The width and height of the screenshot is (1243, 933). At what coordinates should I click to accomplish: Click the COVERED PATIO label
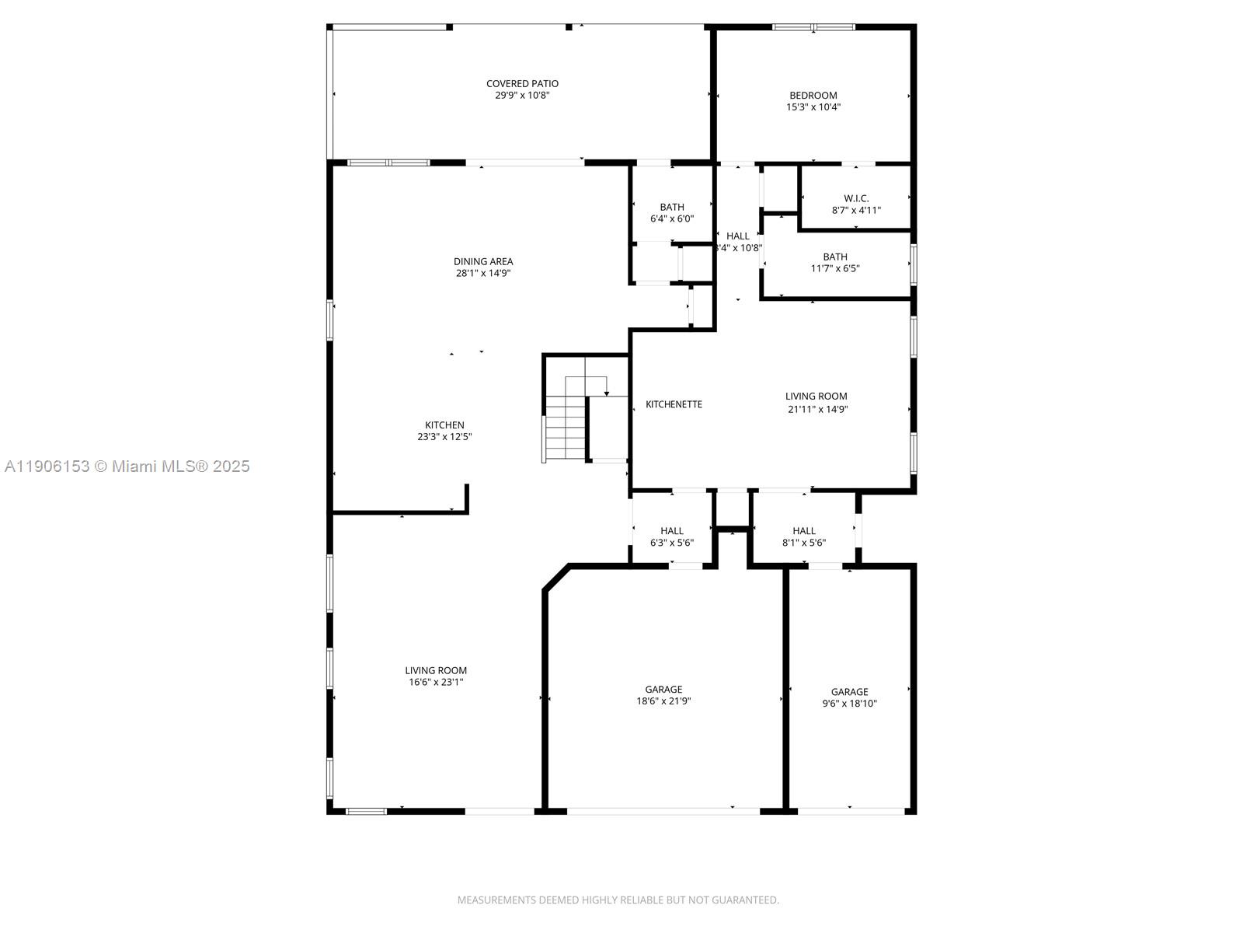[x=522, y=84]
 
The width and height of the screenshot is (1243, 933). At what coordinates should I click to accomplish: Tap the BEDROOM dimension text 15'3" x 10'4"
[x=813, y=107]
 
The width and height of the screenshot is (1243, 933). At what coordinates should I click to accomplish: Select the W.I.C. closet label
[x=856, y=198]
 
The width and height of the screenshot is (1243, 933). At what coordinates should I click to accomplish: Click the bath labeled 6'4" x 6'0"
[x=672, y=212]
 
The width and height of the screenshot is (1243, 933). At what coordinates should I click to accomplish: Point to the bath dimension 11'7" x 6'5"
[x=835, y=268]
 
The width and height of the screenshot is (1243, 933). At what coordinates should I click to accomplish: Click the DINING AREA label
[x=483, y=261]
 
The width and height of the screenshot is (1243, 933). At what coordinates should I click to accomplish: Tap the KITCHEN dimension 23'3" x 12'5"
[x=444, y=437]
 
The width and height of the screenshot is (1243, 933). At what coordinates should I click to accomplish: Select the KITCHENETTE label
[x=674, y=404]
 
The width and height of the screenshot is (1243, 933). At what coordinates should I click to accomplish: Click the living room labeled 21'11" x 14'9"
[x=816, y=402]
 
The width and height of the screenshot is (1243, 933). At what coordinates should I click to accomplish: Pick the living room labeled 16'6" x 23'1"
[x=436, y=676]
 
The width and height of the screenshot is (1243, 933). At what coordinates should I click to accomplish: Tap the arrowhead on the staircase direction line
[x=607, y=393]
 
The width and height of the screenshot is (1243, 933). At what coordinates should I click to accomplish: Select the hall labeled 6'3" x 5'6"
[x=672, y=536]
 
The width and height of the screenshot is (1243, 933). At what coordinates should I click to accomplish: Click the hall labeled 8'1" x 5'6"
[x=804, y=536]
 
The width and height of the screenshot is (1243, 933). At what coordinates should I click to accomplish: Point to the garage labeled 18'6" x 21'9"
[x=663, y=694]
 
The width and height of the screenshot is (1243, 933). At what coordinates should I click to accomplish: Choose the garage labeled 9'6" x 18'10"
[x=849, y=697]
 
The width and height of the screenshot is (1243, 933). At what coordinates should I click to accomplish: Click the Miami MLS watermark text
[x=127, y=466]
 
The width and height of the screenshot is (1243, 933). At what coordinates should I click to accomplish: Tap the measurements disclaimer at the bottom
[x=618, y=900]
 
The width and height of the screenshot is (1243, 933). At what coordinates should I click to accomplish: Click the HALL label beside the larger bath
[x=738, y=236]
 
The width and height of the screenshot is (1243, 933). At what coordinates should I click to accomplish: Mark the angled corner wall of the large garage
[x=556, y=578]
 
